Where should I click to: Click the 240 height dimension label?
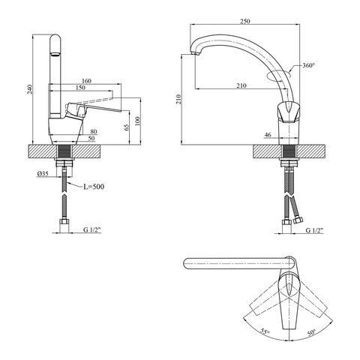[x=30, y=89]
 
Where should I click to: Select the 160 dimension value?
[x=86, y=81]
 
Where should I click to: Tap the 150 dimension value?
[x=80, y=88]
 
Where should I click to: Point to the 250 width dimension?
[x=245, y=21]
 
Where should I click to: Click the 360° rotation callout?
[x=308, y=65]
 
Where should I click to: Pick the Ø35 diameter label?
[x=43, y=173]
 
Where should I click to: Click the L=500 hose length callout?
[x=94, y=187]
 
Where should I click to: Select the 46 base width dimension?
[x=268, y=135]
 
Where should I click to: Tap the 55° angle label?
[x=265, y=331]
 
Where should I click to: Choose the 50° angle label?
[x=311, y=331]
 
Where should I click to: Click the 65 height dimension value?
[x=127, y=127]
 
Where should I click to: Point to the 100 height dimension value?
[x=137, y=121]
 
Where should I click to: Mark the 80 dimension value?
[x=94, y=131]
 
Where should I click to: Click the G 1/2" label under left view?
[x=92, y=230]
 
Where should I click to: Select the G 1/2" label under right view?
[x=314, y=230]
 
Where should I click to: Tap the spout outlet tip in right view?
[x=195, y=54]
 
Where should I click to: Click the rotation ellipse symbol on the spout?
[x=279, y=75]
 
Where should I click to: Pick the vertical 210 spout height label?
[x=178, y=100]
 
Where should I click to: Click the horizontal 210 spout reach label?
[x=241, y=85]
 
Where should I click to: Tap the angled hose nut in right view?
[x=298, y=220]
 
